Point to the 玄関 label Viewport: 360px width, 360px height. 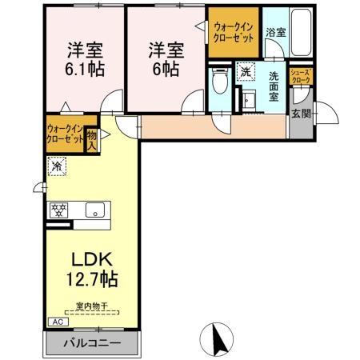[301, 114]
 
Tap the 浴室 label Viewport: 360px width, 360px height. [275, 33]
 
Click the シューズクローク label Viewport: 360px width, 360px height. [302, 77]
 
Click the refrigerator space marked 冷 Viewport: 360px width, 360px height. [57, 166]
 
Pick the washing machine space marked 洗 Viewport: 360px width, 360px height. [246, 70]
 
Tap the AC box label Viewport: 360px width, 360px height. [56, 322]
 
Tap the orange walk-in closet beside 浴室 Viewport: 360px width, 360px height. [234, 34]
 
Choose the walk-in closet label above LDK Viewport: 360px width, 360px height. [65, 133]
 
